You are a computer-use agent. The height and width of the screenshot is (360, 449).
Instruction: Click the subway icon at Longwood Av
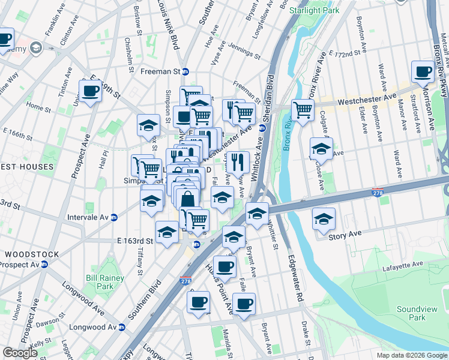point(122,328)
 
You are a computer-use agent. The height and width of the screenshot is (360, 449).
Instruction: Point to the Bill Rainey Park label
point(104,282)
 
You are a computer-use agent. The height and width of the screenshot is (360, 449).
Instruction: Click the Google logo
point(20,353)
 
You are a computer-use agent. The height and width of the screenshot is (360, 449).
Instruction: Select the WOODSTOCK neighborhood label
point(30,254)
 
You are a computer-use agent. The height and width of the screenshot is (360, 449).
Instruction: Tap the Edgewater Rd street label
point(294,269)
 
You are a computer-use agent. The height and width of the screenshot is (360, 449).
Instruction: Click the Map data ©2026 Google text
point(411,355)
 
